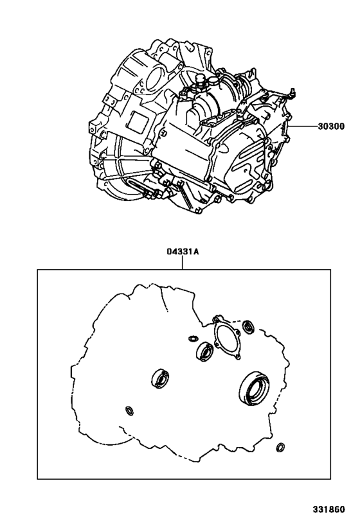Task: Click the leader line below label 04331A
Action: tap(183, 263)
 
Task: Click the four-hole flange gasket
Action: tap(225, 337)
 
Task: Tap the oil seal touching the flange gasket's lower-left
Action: tap(205, 351)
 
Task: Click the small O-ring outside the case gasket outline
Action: tap(281, 447)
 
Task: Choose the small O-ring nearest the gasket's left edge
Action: tap(129, 410)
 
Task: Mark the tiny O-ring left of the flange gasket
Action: tap(192, 338)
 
